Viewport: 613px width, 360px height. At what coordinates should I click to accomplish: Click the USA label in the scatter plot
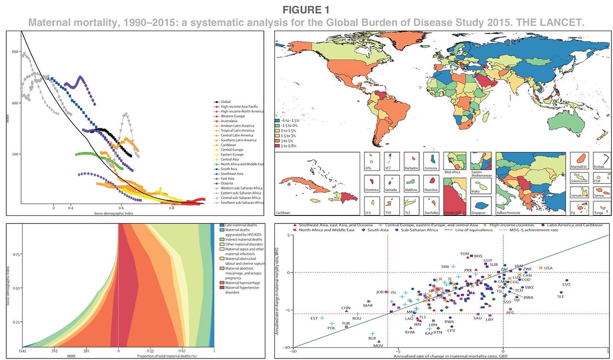point(548,268)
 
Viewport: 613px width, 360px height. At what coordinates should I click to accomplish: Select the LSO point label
point(566,284)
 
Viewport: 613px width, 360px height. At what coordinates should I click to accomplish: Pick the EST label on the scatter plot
point(314,318)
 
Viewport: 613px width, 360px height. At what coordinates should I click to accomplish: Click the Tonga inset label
point(599,211)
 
